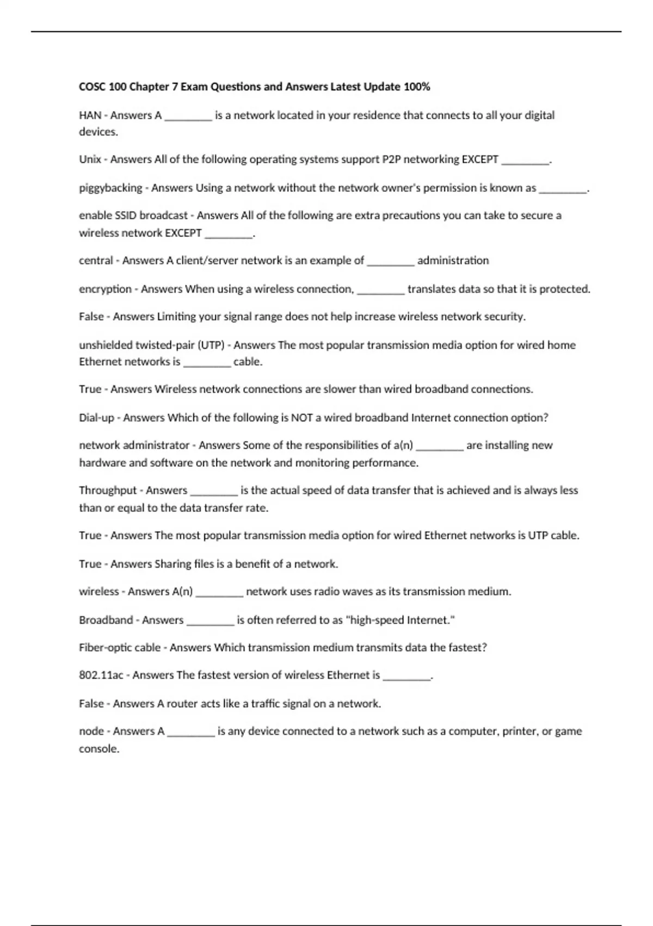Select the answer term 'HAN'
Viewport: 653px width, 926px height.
pos(90,115)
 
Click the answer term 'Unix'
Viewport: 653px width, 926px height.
pos(90,160)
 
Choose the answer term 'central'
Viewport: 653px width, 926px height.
pos(96,261)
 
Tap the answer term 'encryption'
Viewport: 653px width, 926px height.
pos(105,289)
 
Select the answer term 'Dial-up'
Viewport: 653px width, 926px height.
pos(96,418)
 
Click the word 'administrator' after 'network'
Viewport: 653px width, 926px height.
pos(156,446)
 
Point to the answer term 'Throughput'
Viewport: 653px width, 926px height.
pos(108,490)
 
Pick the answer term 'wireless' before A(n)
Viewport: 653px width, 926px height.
pos(98,592)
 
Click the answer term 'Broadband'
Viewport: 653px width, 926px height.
pos(106,620)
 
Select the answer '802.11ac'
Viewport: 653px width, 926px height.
pos(101,675)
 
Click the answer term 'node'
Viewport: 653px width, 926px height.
pos(91,732)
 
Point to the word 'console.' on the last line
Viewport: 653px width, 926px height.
pos(99,749)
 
